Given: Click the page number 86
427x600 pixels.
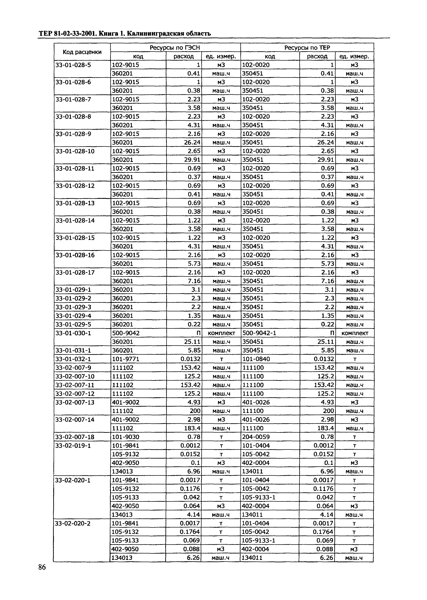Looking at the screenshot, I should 42,575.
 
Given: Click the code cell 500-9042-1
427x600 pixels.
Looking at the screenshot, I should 259,333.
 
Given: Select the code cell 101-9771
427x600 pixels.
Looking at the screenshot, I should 125,359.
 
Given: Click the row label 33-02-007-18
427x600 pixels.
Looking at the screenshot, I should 75,437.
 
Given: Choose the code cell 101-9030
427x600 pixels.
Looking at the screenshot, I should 125,437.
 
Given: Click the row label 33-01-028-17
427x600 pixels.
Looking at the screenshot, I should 75,272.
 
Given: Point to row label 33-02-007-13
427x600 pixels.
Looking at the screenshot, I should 75,402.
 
